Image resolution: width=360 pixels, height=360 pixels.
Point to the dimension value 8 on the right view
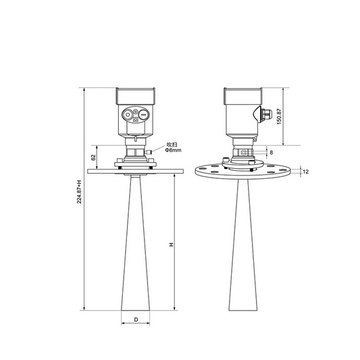pyautogui.click(x=271, y=153)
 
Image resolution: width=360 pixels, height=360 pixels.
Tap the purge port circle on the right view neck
pyautogui.click(x=248, y=153)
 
